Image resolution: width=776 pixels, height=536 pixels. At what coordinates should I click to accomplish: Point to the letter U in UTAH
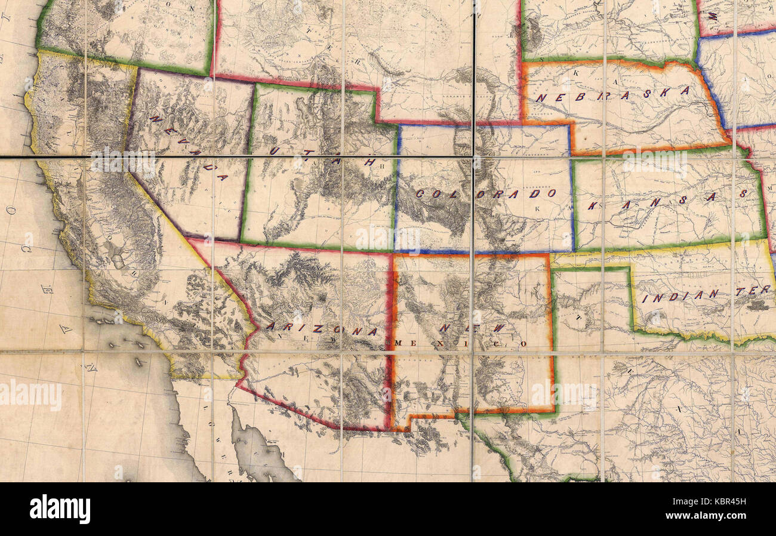(273, 150)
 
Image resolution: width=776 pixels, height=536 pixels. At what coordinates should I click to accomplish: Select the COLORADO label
(486, 193)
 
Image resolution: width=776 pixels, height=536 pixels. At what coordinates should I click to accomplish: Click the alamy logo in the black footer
(60, 509)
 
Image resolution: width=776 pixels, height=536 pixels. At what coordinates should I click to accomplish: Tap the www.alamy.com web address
(706, 516)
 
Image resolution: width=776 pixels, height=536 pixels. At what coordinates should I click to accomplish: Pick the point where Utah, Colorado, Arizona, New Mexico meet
(394, 251)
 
